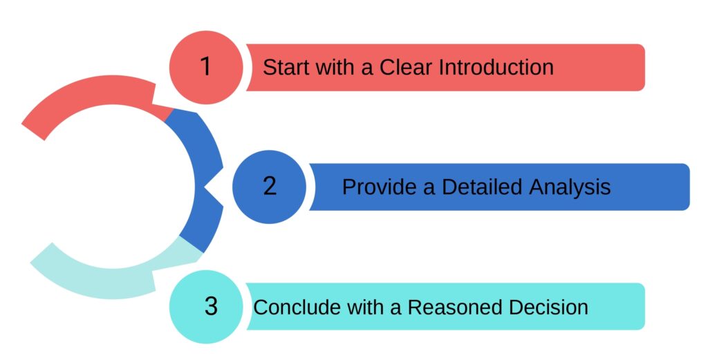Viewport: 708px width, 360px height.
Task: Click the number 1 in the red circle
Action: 205,66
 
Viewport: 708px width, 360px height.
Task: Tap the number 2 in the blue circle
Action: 270,186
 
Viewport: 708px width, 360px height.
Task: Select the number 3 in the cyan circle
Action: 211,306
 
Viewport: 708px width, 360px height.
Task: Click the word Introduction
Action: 496,67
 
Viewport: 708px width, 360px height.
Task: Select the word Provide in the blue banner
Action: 379,187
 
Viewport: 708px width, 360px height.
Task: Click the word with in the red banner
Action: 335,67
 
